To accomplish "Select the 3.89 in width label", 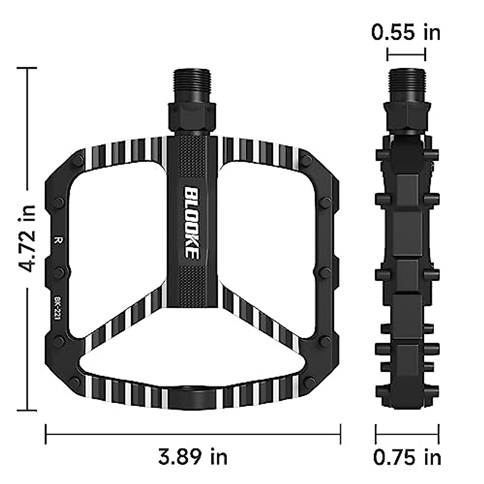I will point(193,457).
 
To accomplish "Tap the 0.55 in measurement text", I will point(406,32).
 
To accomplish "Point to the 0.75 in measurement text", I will point(407,458).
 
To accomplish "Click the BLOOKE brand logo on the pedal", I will point(192,222).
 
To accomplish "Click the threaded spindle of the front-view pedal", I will point(192,85).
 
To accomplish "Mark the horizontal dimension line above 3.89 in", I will point(193,434).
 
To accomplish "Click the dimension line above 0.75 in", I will point(407,434).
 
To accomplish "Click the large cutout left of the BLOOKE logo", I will point(117,242).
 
